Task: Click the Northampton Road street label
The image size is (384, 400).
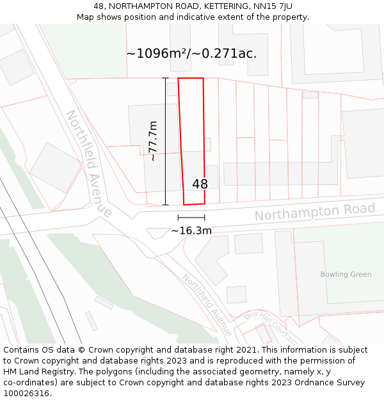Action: tap(315, 212)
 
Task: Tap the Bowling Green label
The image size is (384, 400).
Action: tap(346, 275)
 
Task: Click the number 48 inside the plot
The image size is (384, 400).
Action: tap(200, 184)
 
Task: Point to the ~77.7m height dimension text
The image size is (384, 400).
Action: tap(153, 141)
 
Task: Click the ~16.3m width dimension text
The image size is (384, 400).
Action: tap(191, 231)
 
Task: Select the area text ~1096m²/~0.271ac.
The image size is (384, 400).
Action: tap(191, 54)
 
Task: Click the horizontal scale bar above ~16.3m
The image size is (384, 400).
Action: tap(191, 218)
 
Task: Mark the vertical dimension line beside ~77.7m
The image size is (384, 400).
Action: tap(165, 141)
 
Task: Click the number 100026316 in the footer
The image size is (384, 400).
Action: tap(26, 394)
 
